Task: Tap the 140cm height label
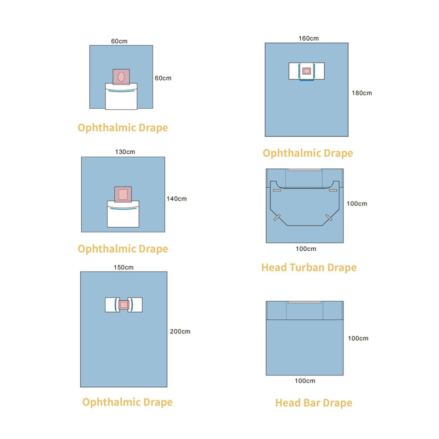pyautogui.click(x=176, y=199)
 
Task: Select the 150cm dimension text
pyautogui.click(x=123, y=267)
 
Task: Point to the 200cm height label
pyautogui.click(x=180, y=331)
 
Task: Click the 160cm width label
pyautogui.click(x=308, y=38)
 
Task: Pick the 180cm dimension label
pyautogui.click(x=362, y=93)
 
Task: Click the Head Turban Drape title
pyautogui.click(x=309, y=268)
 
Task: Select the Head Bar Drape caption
pyautogui.click(x=313, y=403)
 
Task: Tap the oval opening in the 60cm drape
pyautogui.click(x=121, y=76)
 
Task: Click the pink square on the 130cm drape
pyautogui.click(x=123, y=194)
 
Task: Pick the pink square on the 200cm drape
pyautogui.click(x=123, y=305)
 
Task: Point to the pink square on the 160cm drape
pyautogui.click(x=306, y=71)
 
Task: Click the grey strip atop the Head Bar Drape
pyautogui.click(x=305, y=302)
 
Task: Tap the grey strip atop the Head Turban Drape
pyautogui.click(x=305, y=170)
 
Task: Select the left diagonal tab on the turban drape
pyautogui.click(x=278, y=217)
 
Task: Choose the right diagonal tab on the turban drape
pyautogui.click(x=329, y=217)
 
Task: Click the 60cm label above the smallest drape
pyautogui.click(x=119, y=41)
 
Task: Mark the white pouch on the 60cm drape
pyautogui.click(x=121, y=97)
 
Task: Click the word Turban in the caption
pyautogui.click(x=307, y=268)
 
